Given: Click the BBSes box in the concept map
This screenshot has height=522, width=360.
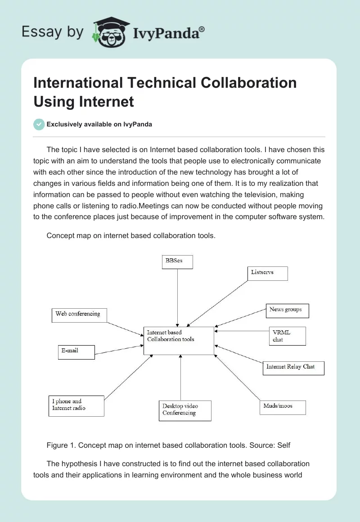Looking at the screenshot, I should [x=177, y=262].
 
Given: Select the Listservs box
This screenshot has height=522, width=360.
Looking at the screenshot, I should [x=267, y=274].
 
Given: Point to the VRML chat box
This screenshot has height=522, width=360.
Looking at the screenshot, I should [x=287, y=336].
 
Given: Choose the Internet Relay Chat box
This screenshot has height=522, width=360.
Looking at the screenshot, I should [x=293, y=368].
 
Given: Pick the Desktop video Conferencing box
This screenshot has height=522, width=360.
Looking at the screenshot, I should [x=185, y=410].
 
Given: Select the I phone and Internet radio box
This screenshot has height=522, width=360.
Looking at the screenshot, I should [x=76, y=406].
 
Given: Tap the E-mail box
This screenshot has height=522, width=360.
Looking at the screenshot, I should [x=76, y=352].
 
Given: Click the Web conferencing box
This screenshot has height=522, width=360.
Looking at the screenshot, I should [x=79, y=315].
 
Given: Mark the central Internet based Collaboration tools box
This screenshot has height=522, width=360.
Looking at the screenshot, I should [x=179, y=341].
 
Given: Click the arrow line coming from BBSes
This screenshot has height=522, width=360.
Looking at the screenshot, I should [x=178, y=297].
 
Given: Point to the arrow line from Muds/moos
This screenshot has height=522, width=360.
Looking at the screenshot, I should [x=237, y=378].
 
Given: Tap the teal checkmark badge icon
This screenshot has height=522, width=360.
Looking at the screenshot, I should [x=39, y=124].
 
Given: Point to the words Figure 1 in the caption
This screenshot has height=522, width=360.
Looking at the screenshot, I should [x=61, y=445].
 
